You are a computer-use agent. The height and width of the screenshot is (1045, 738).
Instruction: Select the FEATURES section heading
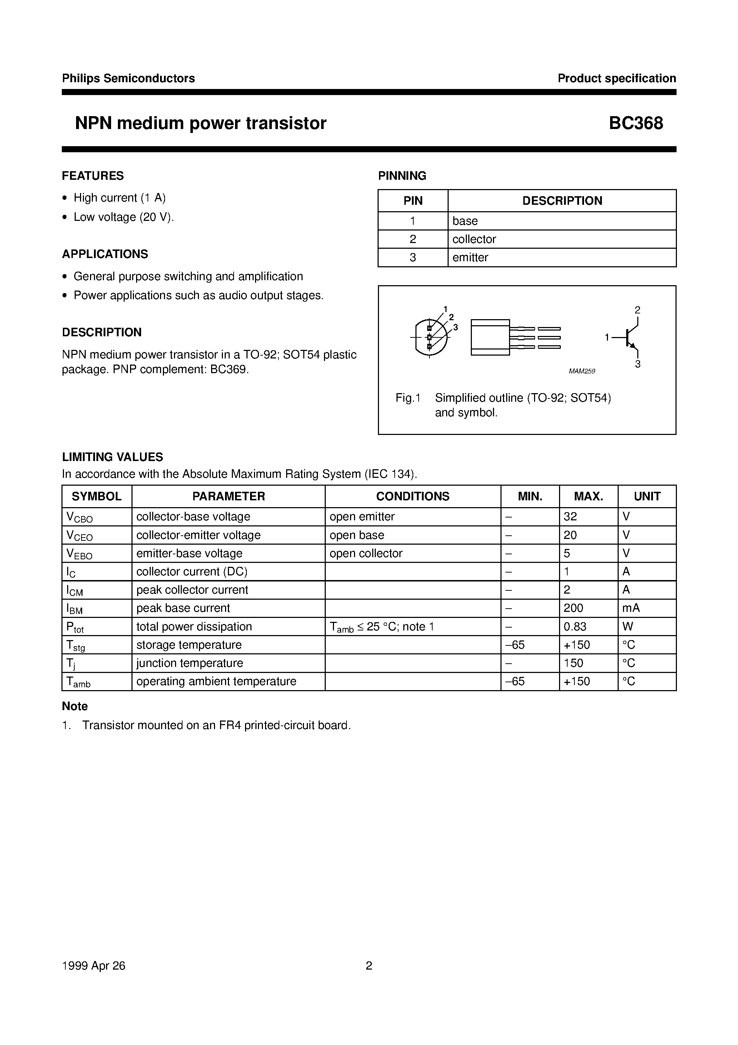coord(93,176)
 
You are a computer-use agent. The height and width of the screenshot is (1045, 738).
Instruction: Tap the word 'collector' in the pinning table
coord(474,239)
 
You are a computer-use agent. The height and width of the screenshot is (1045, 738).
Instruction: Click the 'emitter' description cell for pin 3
coord(470,258)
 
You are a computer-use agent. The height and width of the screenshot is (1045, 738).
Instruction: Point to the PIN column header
coord(413,201)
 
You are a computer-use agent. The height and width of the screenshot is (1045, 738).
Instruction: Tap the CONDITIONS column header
coord(412,496)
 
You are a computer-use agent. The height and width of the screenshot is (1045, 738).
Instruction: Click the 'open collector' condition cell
coord(366,554)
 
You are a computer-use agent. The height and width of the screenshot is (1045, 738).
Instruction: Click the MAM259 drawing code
coord(582,371)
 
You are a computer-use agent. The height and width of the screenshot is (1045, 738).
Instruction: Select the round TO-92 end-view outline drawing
coord(430,337)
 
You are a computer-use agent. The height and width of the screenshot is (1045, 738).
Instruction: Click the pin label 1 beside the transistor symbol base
coord(607,337)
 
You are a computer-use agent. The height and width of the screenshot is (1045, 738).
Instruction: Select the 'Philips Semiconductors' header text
coord(128,78)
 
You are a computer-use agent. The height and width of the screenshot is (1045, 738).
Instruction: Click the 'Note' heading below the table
coord(75,707)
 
